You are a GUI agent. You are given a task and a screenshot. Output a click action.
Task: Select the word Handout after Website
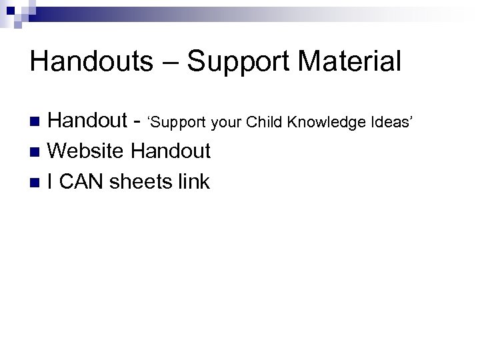171,151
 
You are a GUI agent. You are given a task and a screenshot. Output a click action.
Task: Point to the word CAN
82,181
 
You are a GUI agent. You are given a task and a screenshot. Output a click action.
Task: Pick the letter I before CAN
51,181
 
